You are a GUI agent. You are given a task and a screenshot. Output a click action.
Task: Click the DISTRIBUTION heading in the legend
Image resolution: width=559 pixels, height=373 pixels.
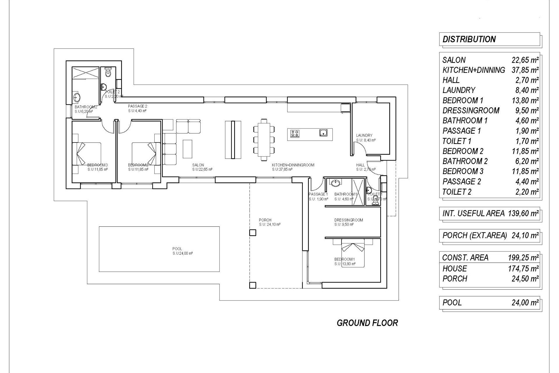click(x=469, y=39)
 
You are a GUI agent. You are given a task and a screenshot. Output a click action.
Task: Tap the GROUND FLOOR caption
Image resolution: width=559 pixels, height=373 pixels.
click(x=367, y=323)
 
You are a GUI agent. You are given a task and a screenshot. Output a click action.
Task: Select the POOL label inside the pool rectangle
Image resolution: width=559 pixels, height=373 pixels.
click(x=177, y=249)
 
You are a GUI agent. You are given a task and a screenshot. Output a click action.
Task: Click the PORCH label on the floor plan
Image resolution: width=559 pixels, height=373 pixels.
click(x=265, y=220)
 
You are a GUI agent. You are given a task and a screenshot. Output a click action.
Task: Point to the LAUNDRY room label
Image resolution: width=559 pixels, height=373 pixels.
click(x=364, y=135)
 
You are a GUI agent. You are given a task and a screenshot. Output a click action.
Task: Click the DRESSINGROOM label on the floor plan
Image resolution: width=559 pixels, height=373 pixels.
click(x=349, y=220)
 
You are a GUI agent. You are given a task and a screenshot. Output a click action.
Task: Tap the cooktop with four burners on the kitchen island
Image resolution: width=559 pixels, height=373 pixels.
click(x=295, y=133)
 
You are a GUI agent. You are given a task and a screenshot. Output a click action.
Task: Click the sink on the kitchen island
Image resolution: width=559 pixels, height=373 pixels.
click(x=323, y=133)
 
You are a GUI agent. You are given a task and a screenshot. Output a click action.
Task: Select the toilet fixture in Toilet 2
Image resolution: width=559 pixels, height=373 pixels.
click(x=108, y=72)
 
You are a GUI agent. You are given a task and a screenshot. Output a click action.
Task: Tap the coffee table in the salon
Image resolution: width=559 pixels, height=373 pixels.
click(x=187, y=149)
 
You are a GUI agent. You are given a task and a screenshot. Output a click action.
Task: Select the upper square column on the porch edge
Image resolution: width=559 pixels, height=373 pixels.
click(x=252, y=233)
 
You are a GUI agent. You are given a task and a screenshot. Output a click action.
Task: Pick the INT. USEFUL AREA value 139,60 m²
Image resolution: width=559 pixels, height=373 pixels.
click(x=523, y=214)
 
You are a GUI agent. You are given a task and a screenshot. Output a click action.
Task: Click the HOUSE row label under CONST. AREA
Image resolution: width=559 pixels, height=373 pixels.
click(x=454, y=269)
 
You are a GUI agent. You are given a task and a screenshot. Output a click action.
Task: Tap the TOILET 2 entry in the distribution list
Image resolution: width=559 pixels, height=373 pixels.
click(x=457, y=192)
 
